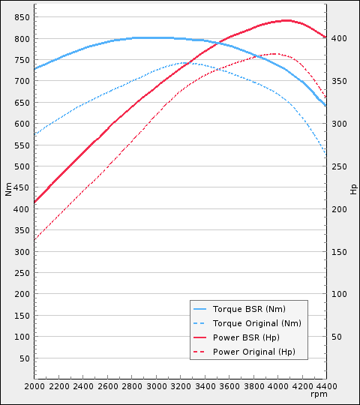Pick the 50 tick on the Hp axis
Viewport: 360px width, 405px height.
coord(337,337)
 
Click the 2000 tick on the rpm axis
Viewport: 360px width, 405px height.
coord(34,385)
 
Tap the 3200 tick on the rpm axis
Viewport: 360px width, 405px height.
coord(181,385)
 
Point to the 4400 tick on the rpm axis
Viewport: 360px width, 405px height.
coord(326,385)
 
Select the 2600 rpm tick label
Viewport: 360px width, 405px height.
coord(107,385)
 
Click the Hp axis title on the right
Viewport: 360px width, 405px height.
coord(353,189)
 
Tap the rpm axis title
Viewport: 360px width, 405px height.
coord(319,394)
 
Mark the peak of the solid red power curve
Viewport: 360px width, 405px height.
coord(286,20)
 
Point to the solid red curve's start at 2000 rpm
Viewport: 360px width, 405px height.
coord(34,202)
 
